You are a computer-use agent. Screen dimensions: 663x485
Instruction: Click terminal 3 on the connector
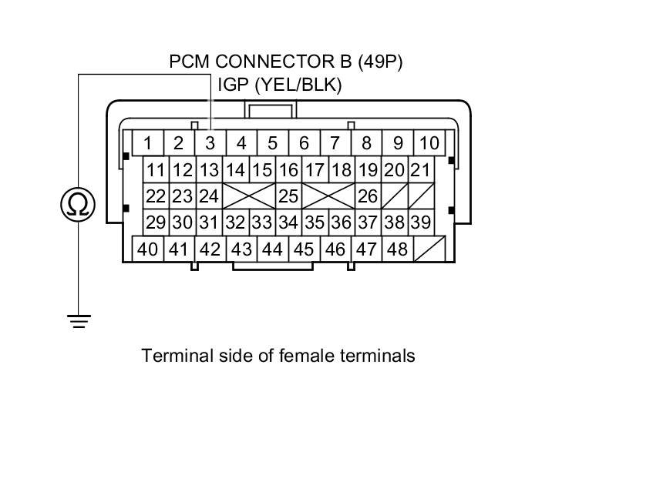(x=210, y=143)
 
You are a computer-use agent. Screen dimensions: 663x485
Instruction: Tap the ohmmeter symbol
(x=78, y=204)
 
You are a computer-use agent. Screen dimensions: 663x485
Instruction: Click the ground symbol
(x=79, y=321)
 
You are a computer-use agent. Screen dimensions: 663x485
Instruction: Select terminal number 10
(x=429, y=143)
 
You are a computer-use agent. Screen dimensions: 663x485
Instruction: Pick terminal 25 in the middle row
(x=288, y=196)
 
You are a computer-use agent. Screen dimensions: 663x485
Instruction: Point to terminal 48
(x=398, y=249)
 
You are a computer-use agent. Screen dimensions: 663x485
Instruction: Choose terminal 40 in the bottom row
(x=147, y=249)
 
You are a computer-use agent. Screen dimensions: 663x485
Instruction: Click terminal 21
(x=421, y=170)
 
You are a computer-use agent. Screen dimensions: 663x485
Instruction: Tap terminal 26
(x=368, y=196)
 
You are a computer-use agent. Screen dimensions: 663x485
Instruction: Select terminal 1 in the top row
(x=147, y=143)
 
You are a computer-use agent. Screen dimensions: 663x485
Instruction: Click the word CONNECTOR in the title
(x=283, y=62)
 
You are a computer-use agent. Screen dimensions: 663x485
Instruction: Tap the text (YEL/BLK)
(x=298, y=85)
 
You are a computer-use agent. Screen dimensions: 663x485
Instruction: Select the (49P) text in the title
(x=380, y=62)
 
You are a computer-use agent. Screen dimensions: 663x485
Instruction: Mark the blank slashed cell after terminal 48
(x=429, y=249)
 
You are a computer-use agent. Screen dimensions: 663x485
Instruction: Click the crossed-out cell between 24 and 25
(x=249, y=196)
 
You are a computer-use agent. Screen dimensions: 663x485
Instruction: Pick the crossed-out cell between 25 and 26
(x=328, y=196)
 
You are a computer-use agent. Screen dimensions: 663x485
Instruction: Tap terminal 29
(x=156, y=222)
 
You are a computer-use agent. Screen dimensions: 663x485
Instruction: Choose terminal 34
(x=288, y=222)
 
